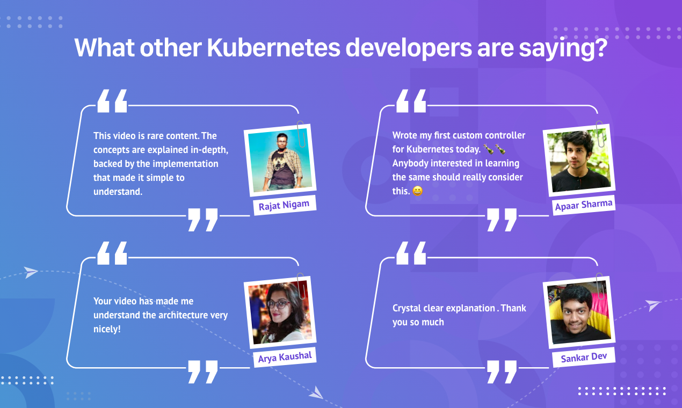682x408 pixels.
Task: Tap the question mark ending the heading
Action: [x=599, y=48]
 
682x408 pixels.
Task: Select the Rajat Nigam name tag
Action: [x=284, y=205]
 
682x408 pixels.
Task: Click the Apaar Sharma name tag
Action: [x=584, y=205]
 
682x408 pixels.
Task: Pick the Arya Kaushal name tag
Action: [x=285, y=357]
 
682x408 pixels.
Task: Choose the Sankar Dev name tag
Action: [x=584, y=357]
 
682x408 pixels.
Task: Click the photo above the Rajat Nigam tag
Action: [x=280, y=162]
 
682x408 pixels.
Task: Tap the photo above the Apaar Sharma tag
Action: [x=579, y=161]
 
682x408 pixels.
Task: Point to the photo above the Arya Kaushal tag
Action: [x=280, y=313]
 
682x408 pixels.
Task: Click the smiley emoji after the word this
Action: [x=417, y=191]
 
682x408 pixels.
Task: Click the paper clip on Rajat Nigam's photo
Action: [x=302, y=134]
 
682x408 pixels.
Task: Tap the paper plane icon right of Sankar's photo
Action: [x=653, y=305]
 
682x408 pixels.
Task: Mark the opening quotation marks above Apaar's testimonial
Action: [x=411, y=101]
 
